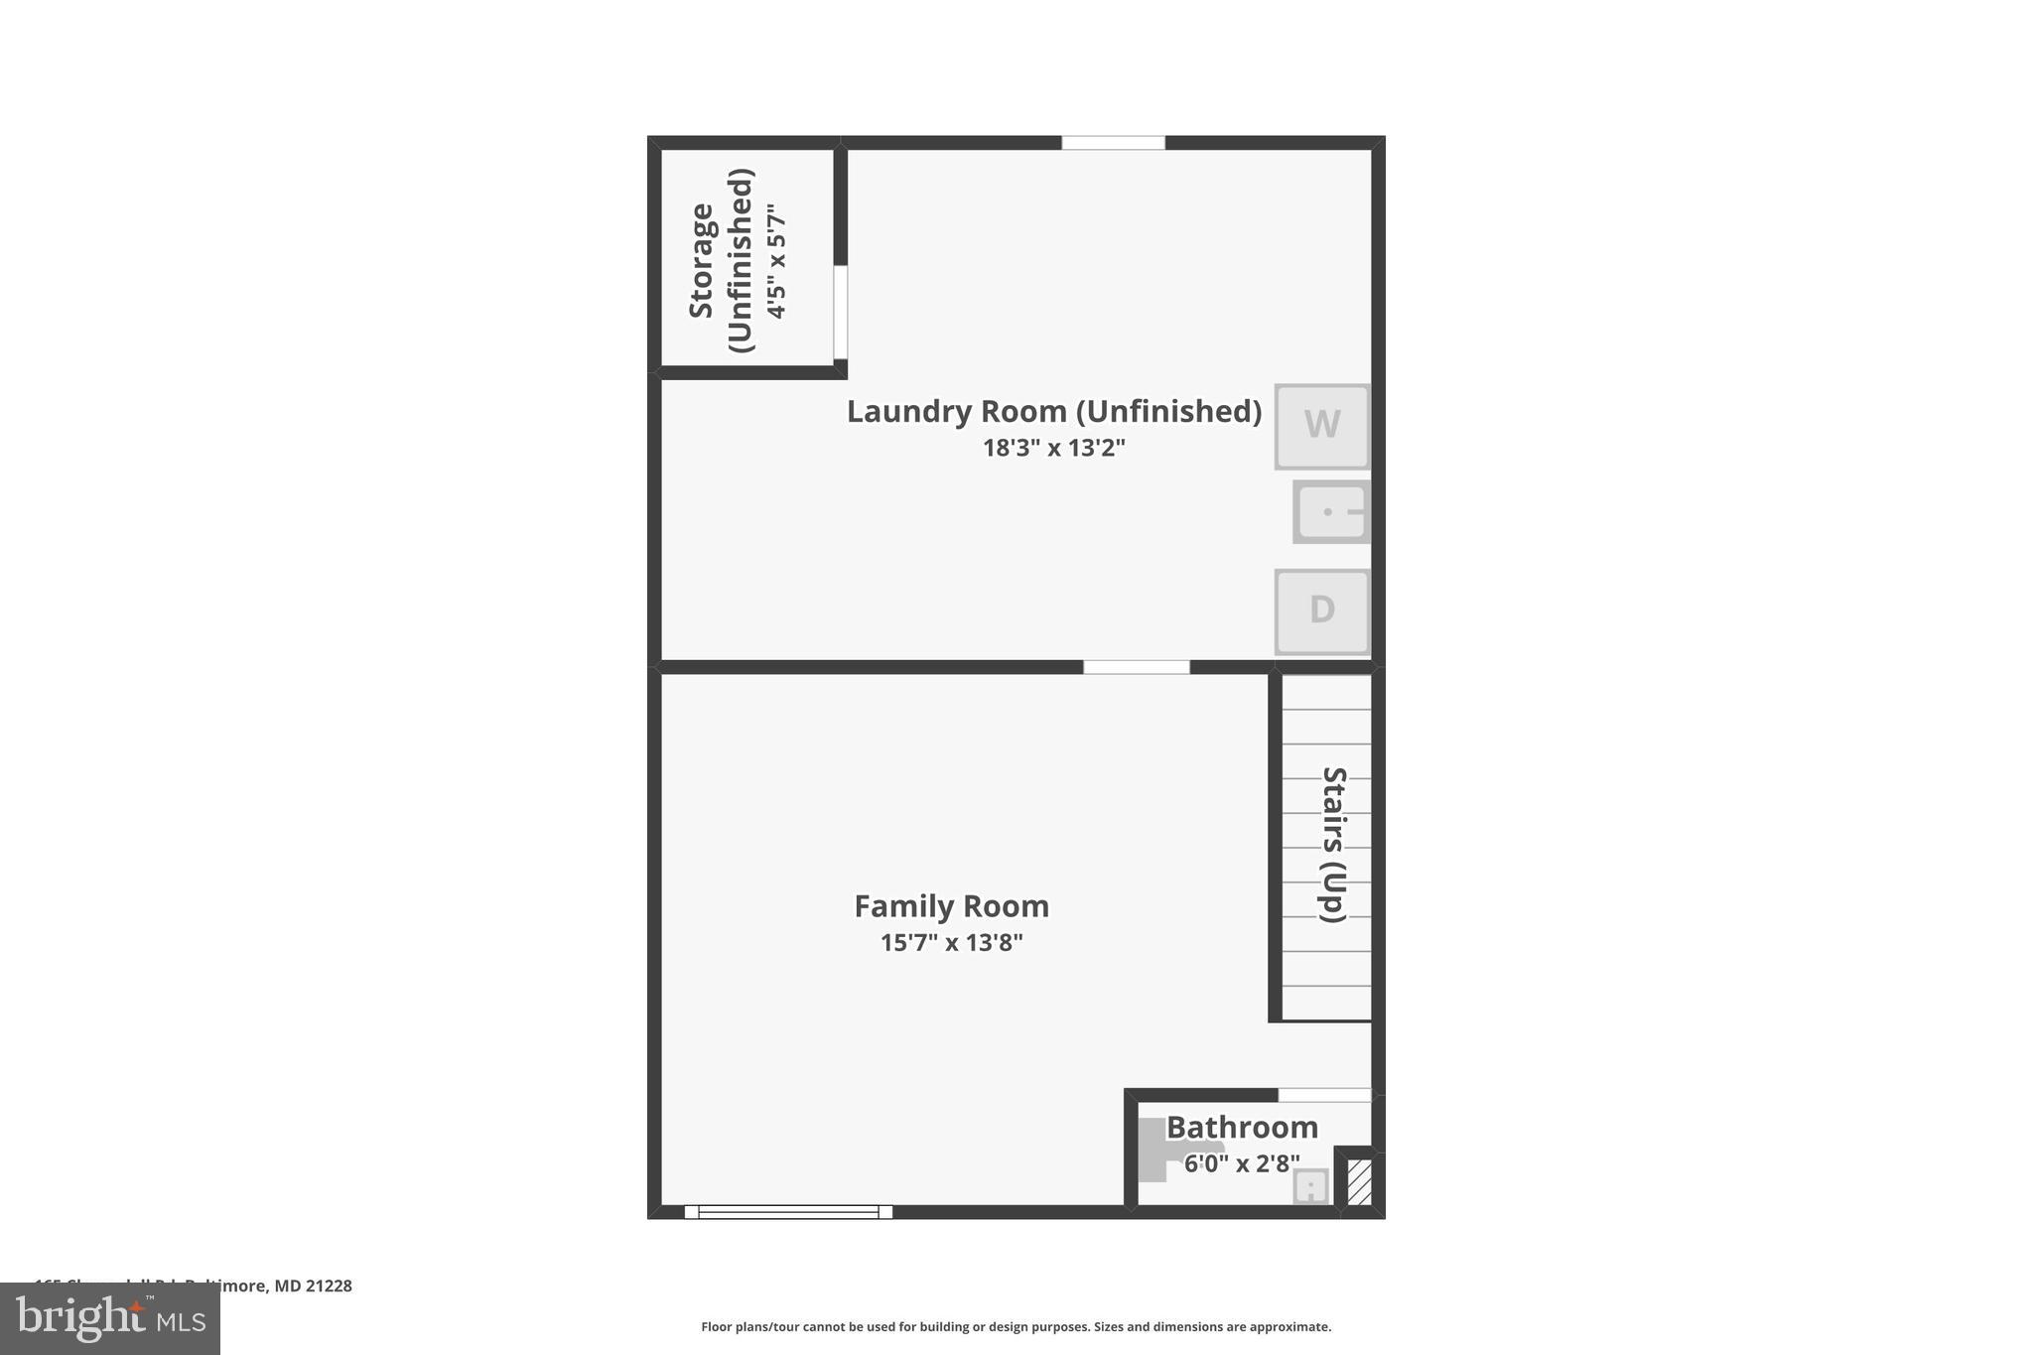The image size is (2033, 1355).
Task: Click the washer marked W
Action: (1321, 426)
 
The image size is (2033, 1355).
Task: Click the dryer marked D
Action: (1321, 610)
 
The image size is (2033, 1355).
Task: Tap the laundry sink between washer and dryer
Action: (1331, 512)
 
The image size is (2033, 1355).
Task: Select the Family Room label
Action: (951, 906)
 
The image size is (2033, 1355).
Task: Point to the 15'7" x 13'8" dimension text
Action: (951, 943)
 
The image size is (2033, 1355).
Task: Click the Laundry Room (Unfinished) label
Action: (1053, 411)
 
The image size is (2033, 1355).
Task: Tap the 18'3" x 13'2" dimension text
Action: (1053, 448)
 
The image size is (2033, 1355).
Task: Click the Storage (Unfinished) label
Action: (721, 260)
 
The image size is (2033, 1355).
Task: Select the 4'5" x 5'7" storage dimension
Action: (776, 261)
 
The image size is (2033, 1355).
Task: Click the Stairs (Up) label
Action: (1332, 845)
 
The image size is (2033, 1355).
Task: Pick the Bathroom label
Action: (1242, 1128)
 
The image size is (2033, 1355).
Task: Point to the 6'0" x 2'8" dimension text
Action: (1242, 1163)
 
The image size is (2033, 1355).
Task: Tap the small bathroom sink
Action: (1310, 1186)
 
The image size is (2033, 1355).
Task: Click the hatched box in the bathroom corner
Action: (1359, 1182)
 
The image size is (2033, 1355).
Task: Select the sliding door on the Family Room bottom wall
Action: (788, 1211)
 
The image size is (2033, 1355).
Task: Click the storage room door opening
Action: (840, 313)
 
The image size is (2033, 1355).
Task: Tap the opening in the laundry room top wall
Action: (1113, 143)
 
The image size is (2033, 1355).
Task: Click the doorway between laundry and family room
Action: (1136, 667)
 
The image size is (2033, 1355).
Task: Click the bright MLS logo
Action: (110, 1318)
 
